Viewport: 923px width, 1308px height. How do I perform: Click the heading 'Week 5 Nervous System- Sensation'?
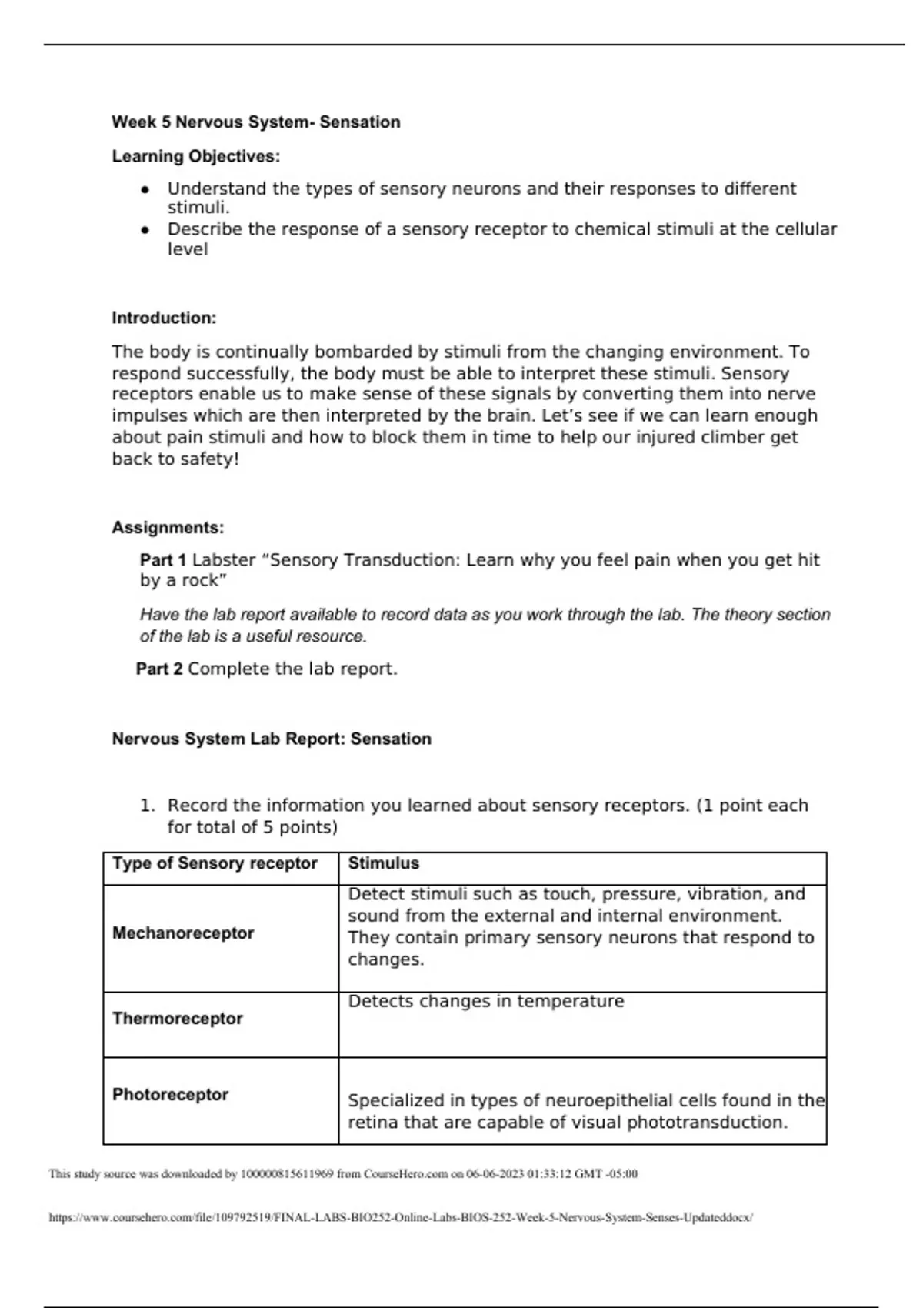[x=255, y=122]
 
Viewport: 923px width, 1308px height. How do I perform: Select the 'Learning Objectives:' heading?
[x=195, y=157]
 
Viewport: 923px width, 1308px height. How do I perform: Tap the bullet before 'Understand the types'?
[x=145, y=189]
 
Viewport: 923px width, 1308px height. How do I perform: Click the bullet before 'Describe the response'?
[x=145, y=230]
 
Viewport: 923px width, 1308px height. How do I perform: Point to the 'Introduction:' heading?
[x=164, y=319]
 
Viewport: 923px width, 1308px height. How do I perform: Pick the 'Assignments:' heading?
[x=168, y=528]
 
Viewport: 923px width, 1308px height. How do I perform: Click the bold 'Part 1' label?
[x=163, y=560]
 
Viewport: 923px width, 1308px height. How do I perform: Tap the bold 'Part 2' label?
[x=159, y=669]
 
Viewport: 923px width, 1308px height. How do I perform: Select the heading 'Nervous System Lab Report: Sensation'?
[x=272, y=739]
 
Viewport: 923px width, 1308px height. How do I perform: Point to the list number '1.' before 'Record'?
[x=147, y=806]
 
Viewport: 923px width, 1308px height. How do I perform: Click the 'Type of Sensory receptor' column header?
[x=215, y=864]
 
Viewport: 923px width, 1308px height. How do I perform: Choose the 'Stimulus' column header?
[x=383, y=864]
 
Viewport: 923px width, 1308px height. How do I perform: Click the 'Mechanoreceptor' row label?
[x=183, y=934]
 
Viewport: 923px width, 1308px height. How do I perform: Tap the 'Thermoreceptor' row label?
[x=177, y=1019]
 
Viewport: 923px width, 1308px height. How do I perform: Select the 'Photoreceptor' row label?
[x=170, y=1096]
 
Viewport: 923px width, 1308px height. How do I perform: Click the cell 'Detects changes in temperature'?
[x=485, y=1002]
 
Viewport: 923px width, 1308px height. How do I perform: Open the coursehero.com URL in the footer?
[x=401, y=1218]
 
